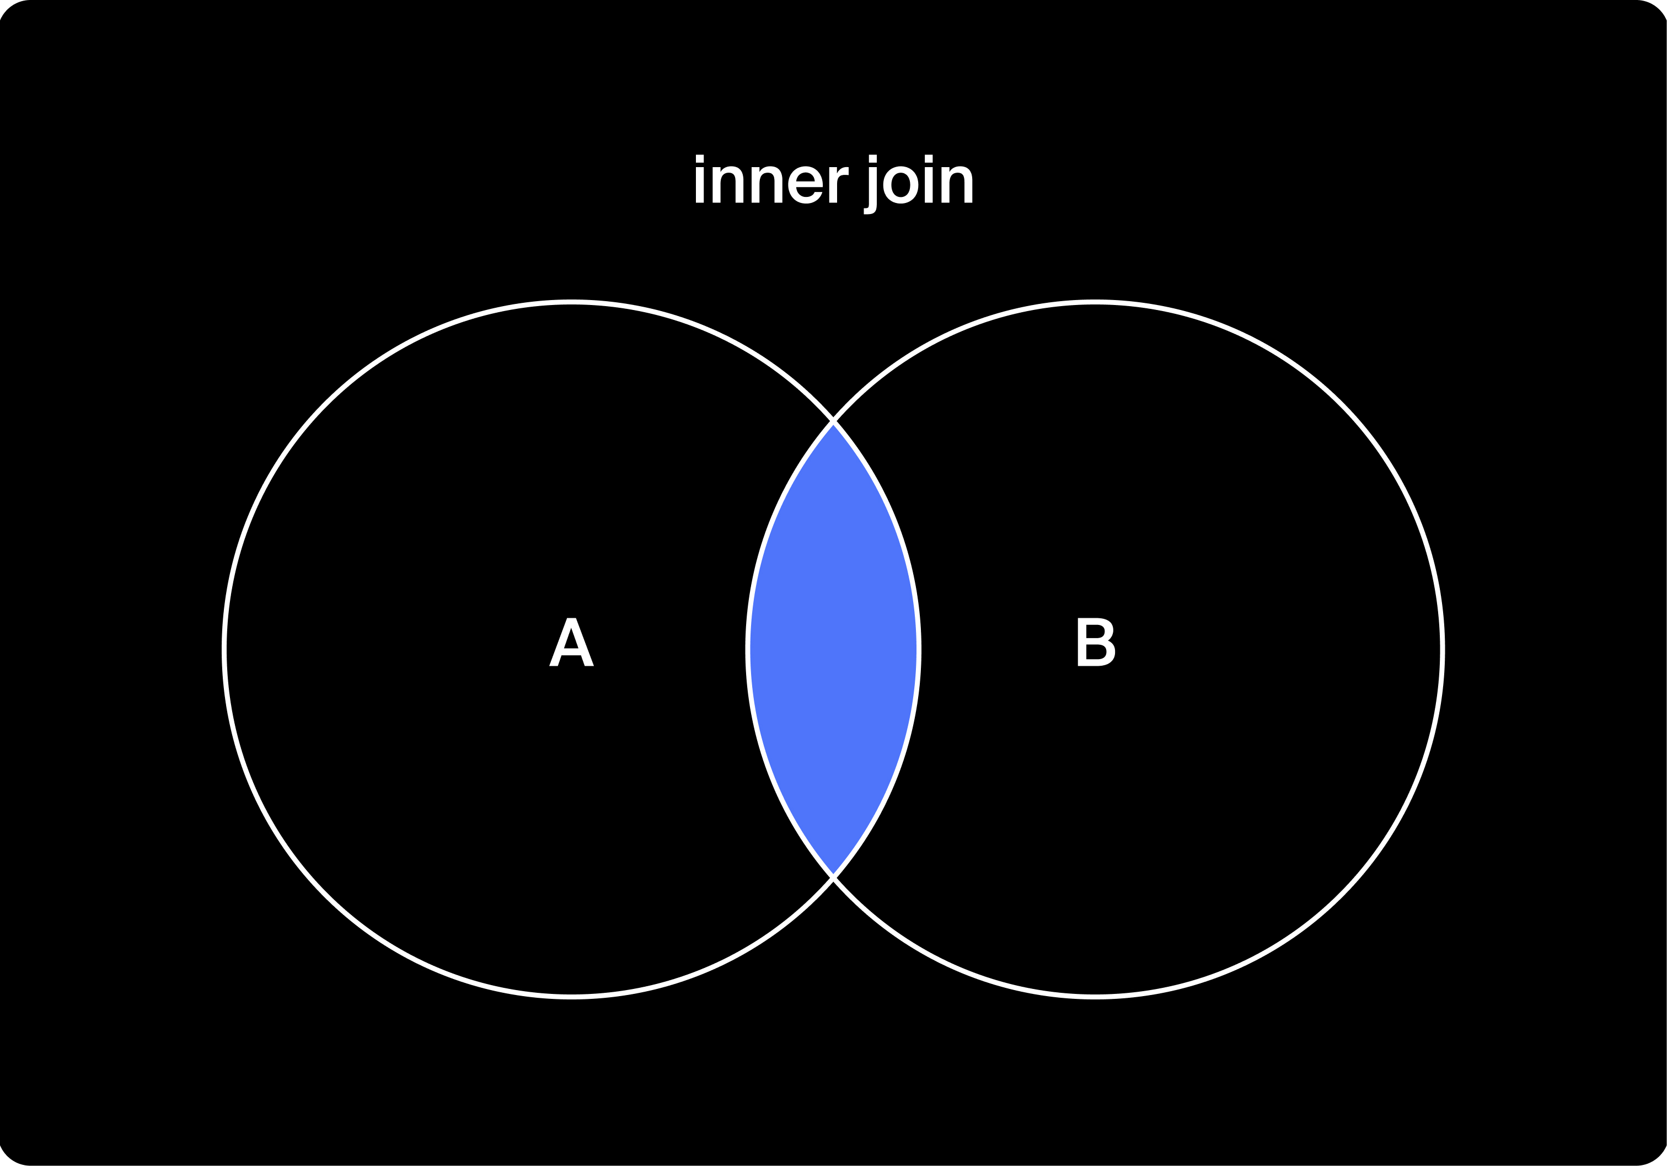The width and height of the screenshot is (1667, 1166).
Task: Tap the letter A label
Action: coord(571,642)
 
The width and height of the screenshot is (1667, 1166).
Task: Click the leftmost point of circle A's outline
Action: coord(224,649)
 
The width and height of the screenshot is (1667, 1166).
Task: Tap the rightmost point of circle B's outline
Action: coord(1443,649)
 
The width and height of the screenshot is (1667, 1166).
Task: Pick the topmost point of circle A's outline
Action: coord(571,302)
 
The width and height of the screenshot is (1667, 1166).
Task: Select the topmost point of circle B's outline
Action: coord(1096,302)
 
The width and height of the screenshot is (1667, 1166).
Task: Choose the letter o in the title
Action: coord(900,186)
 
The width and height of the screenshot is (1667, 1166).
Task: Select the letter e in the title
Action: coord(805,186)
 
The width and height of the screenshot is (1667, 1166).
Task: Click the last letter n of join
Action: coord(957,186)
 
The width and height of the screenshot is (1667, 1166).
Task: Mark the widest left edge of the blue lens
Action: coord(748,649)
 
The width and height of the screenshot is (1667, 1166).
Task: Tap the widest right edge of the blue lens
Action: coord(919,649)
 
